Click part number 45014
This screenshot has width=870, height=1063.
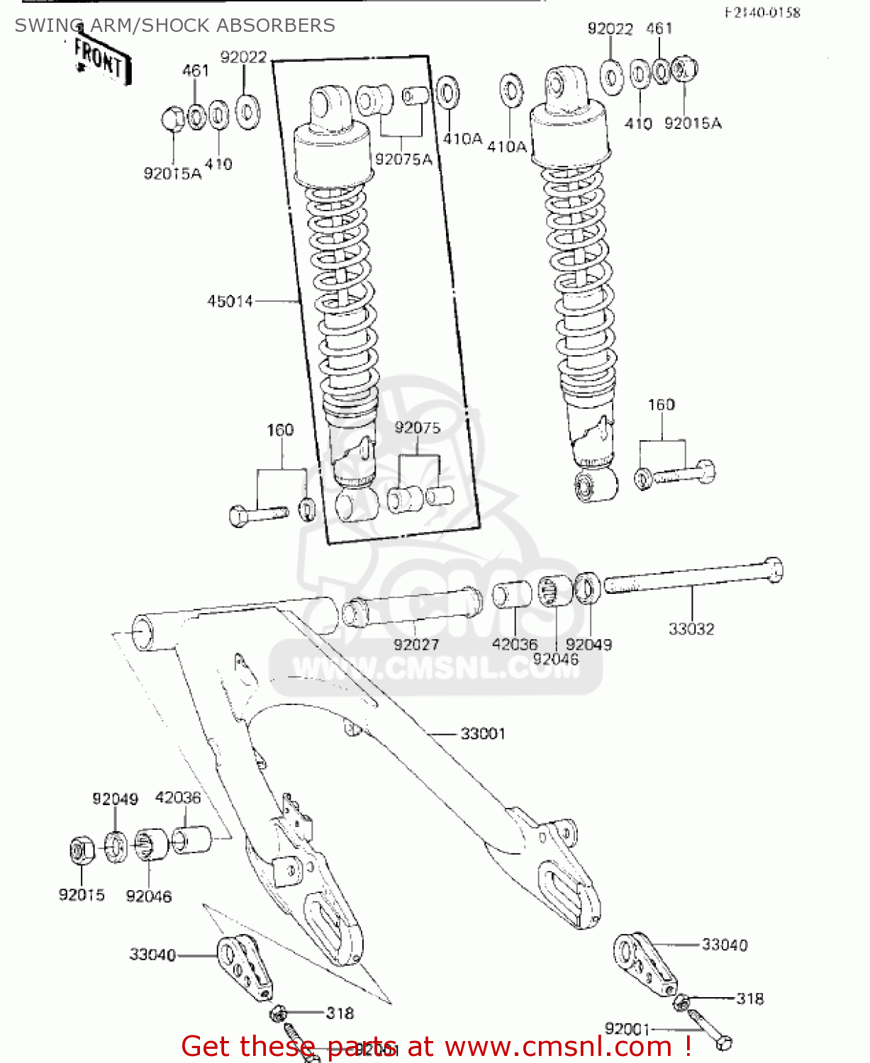click(x=230, y=301)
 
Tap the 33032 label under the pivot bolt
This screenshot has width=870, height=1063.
click(x=691, y=629)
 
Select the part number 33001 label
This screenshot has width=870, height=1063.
click(x=483, y=733)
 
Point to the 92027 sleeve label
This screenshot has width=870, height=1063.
click(x=416, y=644)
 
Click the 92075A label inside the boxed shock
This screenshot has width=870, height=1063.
click(x=403, y=159)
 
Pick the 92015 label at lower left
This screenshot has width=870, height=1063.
click(x=82, y=894)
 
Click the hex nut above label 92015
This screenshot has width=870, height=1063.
click(x=82, y=849)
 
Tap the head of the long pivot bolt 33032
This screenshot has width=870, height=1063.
click(x=774, y=570)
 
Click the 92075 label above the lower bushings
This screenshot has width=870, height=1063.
click(x=417, y=427)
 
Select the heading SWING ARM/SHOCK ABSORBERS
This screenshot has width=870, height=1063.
click(x=174, y=26)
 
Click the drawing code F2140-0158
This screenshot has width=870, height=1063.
click(x=762, y=13)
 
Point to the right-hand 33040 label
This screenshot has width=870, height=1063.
click(x=724, y=945)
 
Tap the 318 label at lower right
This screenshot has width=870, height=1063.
click(x=749, y=999)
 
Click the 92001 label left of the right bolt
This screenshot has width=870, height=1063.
click(x=628, y=1028)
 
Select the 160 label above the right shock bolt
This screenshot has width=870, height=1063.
click(x=661, y=405)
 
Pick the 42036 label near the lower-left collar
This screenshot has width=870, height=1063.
click(x=178, y=797)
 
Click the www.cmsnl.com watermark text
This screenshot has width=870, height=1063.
click(x=435, y=668)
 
